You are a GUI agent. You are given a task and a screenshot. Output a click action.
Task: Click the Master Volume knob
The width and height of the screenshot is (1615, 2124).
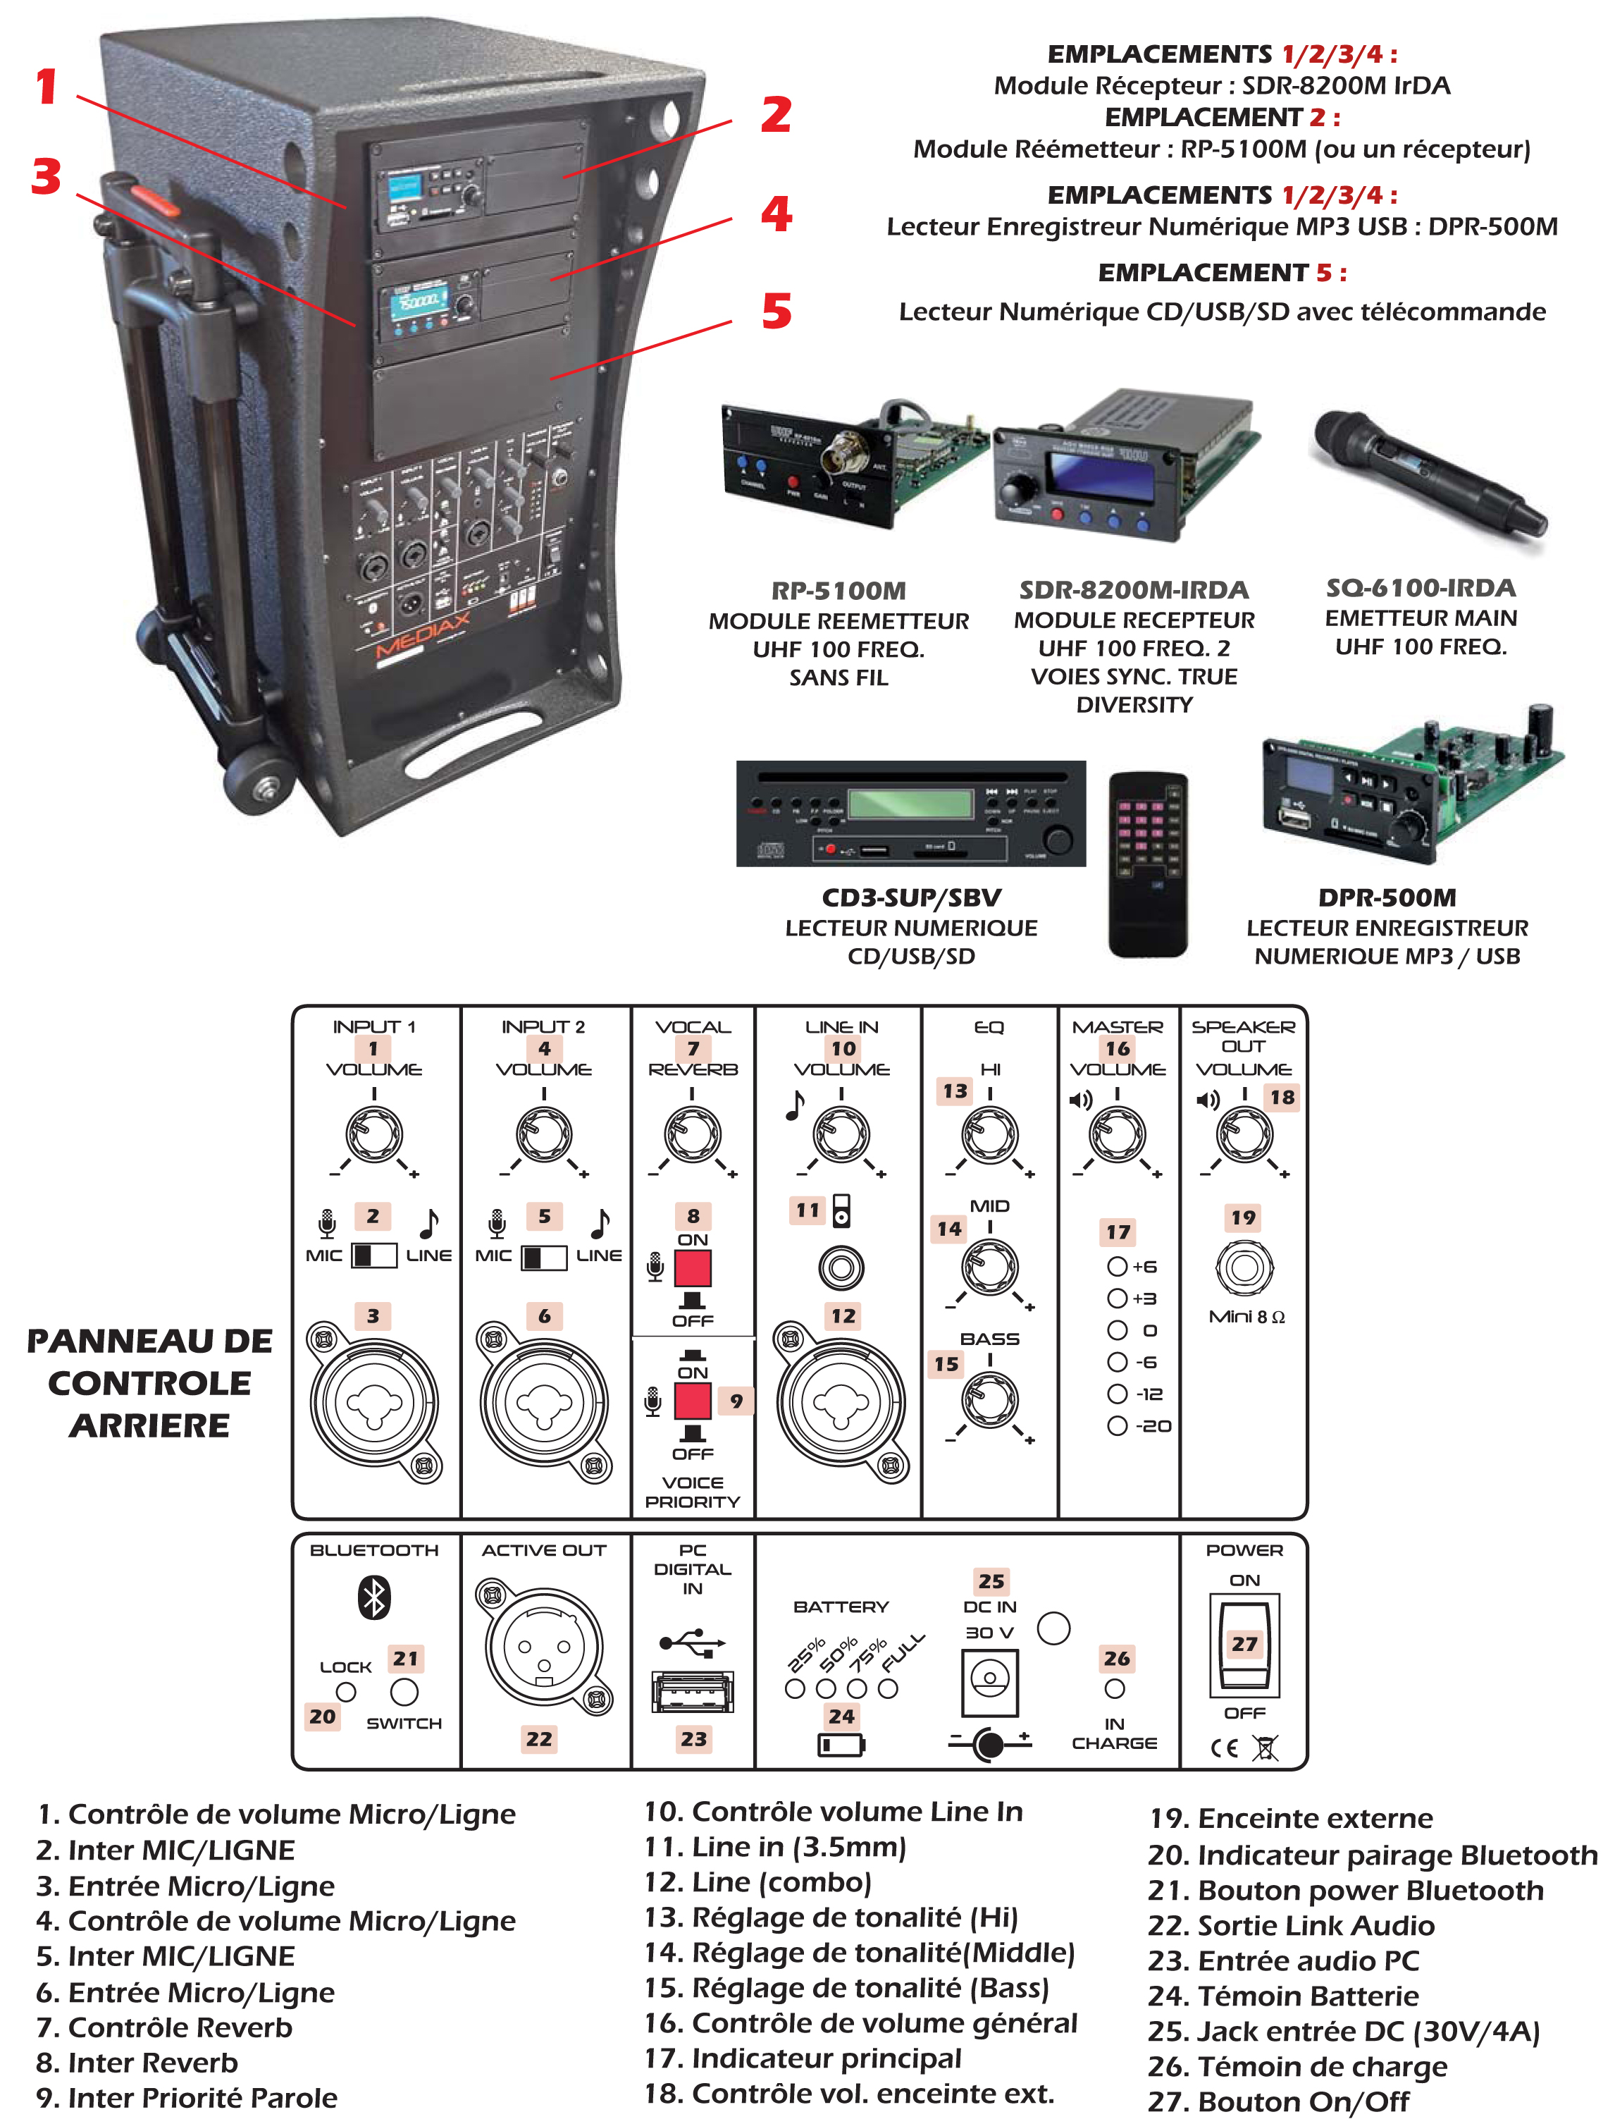[1116, 1134]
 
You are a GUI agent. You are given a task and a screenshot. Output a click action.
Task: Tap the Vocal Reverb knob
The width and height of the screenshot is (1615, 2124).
[692, 1134]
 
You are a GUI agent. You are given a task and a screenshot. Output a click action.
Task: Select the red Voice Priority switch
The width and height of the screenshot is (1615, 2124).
[692, 1401]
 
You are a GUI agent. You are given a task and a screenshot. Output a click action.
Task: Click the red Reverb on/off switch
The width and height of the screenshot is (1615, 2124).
[692, 1268]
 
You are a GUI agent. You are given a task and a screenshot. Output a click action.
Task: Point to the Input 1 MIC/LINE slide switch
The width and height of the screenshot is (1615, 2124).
[374, 1256]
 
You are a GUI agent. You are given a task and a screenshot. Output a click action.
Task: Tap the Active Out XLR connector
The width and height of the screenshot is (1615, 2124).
[543, 1647]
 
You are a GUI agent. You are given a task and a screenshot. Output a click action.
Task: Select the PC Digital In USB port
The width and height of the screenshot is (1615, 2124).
[692, 1693]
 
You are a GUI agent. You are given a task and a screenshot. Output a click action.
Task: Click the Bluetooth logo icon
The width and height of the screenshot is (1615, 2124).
[374, 1597]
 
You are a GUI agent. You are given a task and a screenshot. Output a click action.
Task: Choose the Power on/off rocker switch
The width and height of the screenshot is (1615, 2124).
[1244, 1645]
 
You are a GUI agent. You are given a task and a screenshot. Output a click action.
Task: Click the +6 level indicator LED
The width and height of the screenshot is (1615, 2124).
[1116, 1266]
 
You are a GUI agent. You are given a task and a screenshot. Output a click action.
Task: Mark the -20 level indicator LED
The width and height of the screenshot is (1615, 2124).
[1116, 1426]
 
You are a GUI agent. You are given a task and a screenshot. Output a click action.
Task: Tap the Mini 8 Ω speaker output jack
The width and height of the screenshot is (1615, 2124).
[1244, 1267]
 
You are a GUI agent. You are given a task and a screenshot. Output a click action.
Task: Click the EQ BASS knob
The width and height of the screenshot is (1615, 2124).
[989, 1400]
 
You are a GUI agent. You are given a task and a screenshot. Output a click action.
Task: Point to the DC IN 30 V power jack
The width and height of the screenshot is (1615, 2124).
[989, 1682]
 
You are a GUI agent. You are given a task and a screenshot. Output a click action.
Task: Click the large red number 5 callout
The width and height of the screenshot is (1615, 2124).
[776, 312]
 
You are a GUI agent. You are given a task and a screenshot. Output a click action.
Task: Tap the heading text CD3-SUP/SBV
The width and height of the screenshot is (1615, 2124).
[911, 898]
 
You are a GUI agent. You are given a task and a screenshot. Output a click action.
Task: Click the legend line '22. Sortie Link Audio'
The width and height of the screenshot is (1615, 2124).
[1291, 1926]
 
